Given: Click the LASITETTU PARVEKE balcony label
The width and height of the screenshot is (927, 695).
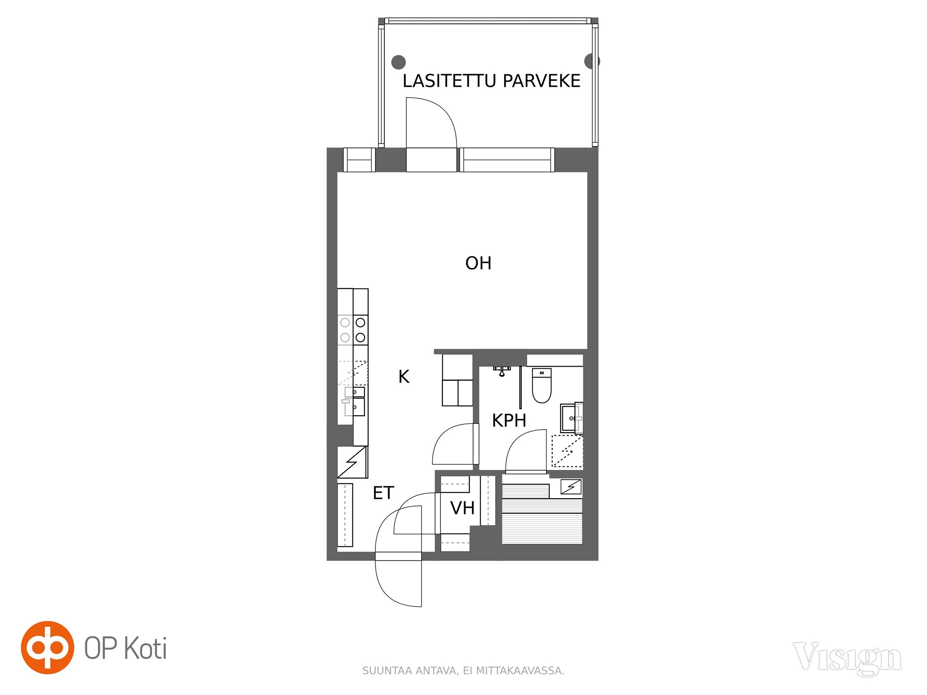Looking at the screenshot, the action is click(x=491, y=81).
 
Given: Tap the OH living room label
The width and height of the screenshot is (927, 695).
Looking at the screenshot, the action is click(x=478, y=263).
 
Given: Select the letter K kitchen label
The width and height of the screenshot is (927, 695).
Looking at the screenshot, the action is click(x=404, y=377).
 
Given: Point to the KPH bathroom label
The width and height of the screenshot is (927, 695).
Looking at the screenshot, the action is click(x=509, y=420).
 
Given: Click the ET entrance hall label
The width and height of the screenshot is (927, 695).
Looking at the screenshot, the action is click(x=383, y=493).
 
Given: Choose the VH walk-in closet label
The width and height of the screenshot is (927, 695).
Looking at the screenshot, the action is click(x=462, y=508).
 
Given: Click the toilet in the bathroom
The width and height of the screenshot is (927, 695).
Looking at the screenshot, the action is click(x=542, y=385).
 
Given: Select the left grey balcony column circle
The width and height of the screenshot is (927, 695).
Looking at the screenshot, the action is click(x=399, y=62).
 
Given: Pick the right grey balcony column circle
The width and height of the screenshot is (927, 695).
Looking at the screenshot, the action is click(x=591, y=61).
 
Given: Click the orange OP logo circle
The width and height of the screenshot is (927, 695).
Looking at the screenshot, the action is click(x=47, y=647).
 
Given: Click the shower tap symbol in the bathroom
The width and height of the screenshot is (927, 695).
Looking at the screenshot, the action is click(x=502, y=371).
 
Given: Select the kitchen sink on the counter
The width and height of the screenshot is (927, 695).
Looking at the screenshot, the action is click(x=355, y=401).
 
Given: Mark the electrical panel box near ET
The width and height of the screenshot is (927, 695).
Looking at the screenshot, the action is click(x=352, y=462).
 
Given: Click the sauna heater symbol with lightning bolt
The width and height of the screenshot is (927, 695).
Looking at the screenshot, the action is click(x=571, y=486).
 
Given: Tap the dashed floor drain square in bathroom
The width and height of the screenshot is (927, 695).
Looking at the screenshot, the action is click(x=567, y=451).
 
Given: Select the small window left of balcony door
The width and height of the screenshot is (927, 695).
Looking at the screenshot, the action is click(x=359, y=160).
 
